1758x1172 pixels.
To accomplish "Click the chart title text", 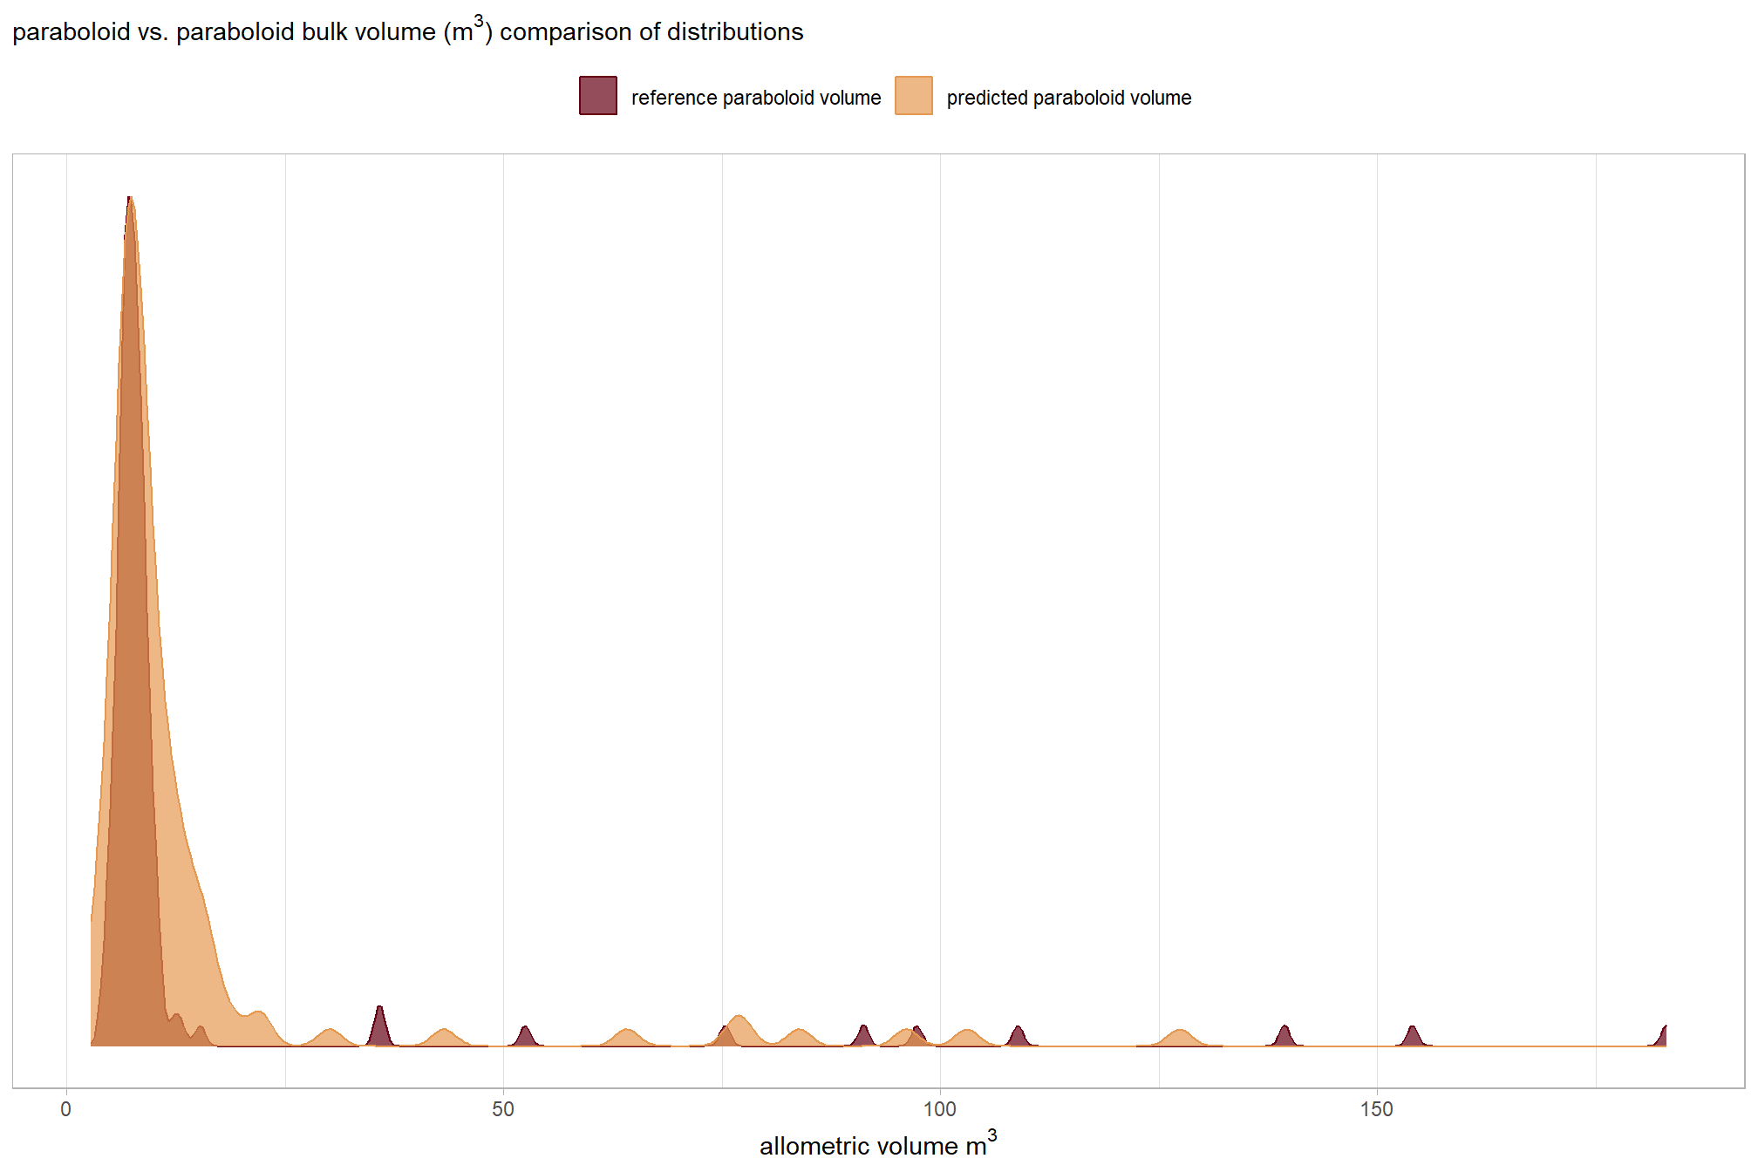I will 407,32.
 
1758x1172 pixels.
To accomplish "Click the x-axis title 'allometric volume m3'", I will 877,1144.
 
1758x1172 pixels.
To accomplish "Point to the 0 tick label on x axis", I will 66,1109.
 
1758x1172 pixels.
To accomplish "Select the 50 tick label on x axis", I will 503,1109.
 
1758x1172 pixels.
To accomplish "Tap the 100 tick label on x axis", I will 940,1109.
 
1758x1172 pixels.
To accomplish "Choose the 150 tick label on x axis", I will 1377,1109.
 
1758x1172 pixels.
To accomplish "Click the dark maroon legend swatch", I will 598,96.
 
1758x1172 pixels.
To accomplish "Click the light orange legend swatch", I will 914,96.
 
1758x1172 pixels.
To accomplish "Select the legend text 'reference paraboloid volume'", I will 756,98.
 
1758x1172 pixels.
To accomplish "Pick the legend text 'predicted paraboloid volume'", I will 1069,98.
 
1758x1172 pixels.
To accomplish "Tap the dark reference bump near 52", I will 525,1036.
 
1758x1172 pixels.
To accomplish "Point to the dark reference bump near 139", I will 1284,1036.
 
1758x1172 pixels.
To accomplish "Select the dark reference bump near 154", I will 1413,1036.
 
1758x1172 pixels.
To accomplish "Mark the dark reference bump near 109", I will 1018,1036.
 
